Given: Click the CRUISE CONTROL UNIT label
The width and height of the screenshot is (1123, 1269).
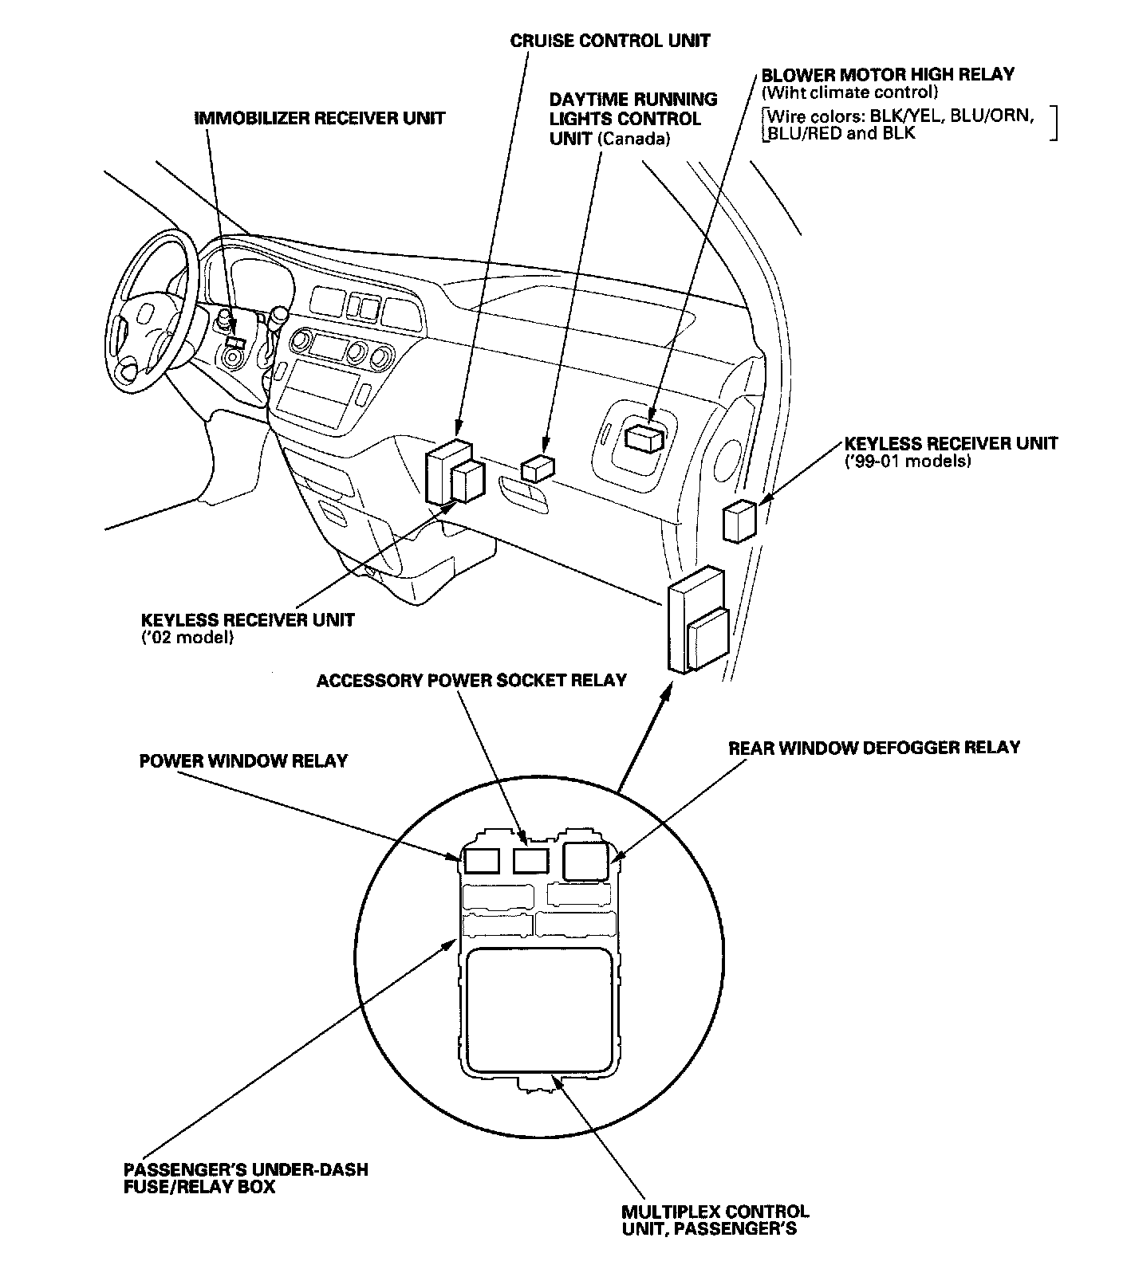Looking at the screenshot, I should tap(610, 40).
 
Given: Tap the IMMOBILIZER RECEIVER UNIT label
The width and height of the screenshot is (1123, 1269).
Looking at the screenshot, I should tap(320, 118).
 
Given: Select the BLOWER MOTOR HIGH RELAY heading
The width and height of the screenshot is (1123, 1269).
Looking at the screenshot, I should tap(888, 75).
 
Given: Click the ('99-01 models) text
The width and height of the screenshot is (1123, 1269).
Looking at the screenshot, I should tap(908, 462).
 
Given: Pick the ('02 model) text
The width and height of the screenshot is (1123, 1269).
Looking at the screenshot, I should tap(187, 638).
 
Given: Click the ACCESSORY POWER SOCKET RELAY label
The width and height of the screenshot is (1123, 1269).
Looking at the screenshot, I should tap(471, 680).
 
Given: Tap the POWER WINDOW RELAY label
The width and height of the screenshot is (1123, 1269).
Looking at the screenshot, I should tap(243, 760).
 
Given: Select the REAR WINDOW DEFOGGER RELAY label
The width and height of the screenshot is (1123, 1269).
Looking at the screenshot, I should tap(874, 748).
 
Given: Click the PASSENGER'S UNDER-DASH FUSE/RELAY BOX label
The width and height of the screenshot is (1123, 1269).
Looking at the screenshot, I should tap(246, 1178).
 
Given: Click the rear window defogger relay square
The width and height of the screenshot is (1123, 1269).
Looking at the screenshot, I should tap(586, 862).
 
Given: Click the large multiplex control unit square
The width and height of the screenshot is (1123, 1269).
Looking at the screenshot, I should tap(541, 1010).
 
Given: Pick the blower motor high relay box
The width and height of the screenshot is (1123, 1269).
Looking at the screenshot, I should tap(644, 437).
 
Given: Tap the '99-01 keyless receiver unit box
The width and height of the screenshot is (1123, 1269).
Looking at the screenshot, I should tap(739, 521).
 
